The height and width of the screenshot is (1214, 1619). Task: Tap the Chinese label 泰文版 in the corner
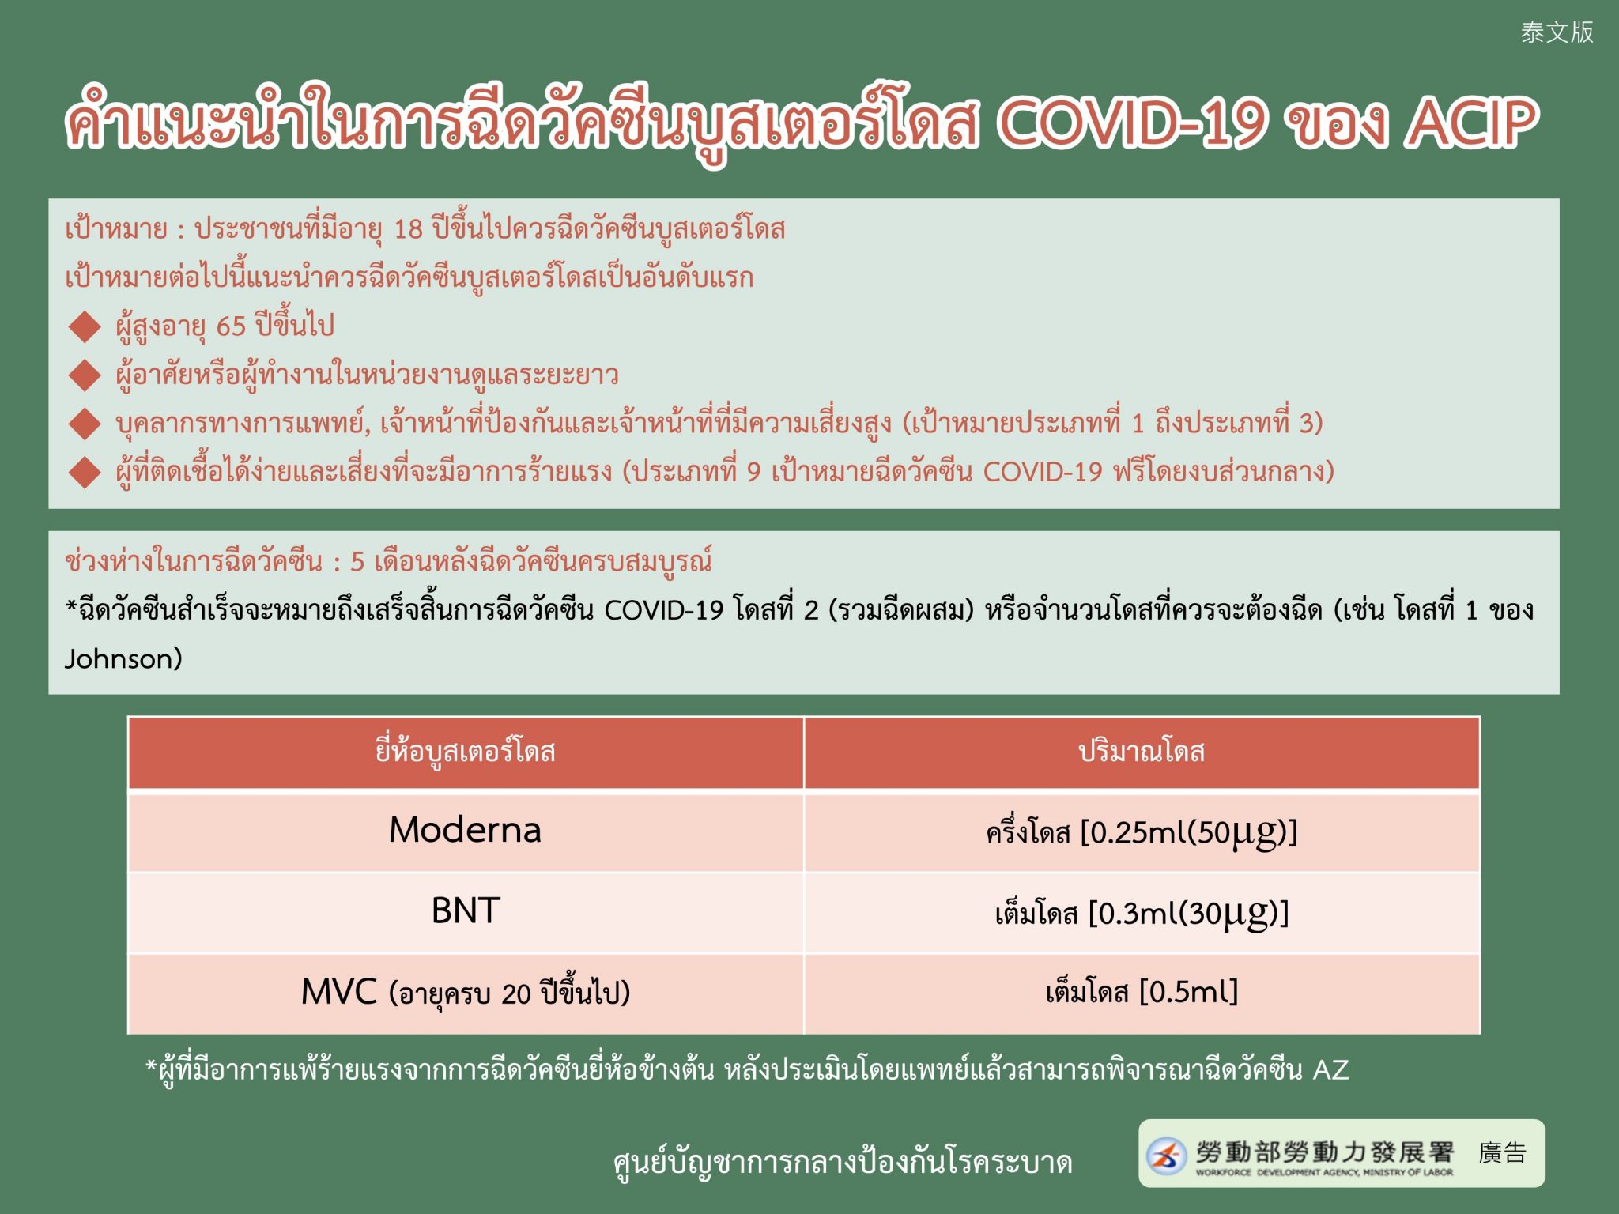(x=1557, y=32)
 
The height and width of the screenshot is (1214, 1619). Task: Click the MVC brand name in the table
(x=338, y=992)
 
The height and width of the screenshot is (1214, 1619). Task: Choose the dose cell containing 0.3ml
(x=1142, y=914)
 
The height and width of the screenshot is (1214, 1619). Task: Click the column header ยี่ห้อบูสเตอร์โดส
(x=465, y=751)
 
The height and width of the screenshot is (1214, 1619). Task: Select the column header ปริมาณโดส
(x=1142, y=751)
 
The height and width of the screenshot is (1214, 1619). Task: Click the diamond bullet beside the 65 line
(x=85, y=326)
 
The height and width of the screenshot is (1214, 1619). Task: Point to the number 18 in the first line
(x=409, y=229)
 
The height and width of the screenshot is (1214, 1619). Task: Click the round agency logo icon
(x=1167, y=1155)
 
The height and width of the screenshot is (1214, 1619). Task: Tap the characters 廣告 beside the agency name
(x=1502, y=1153)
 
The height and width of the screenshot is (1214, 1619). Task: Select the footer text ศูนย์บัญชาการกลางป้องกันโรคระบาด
(x=843, y=1163)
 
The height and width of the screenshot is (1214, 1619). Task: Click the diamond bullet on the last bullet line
(x=85, y=473)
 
